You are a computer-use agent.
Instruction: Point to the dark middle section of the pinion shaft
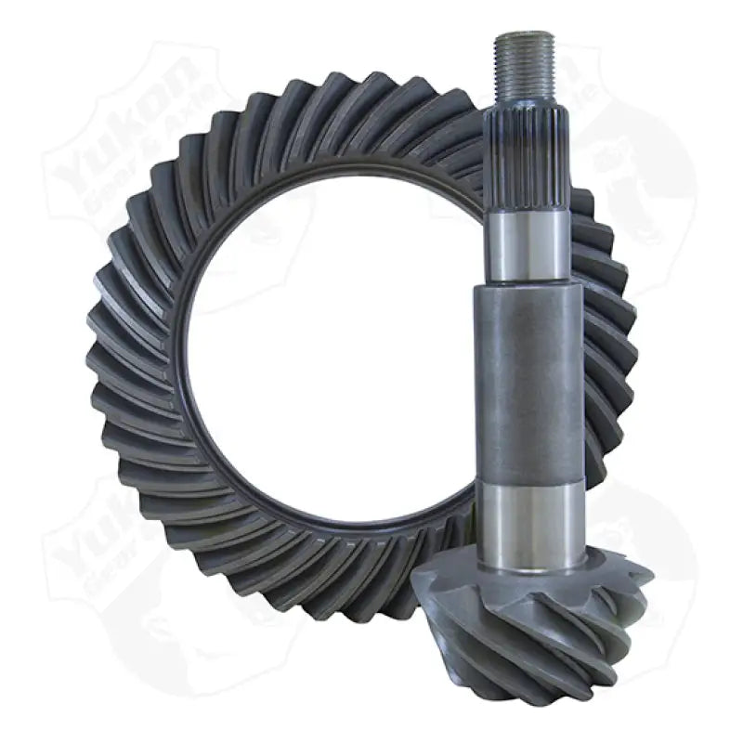point(528,381)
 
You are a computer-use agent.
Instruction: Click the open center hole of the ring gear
point(325,353)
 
